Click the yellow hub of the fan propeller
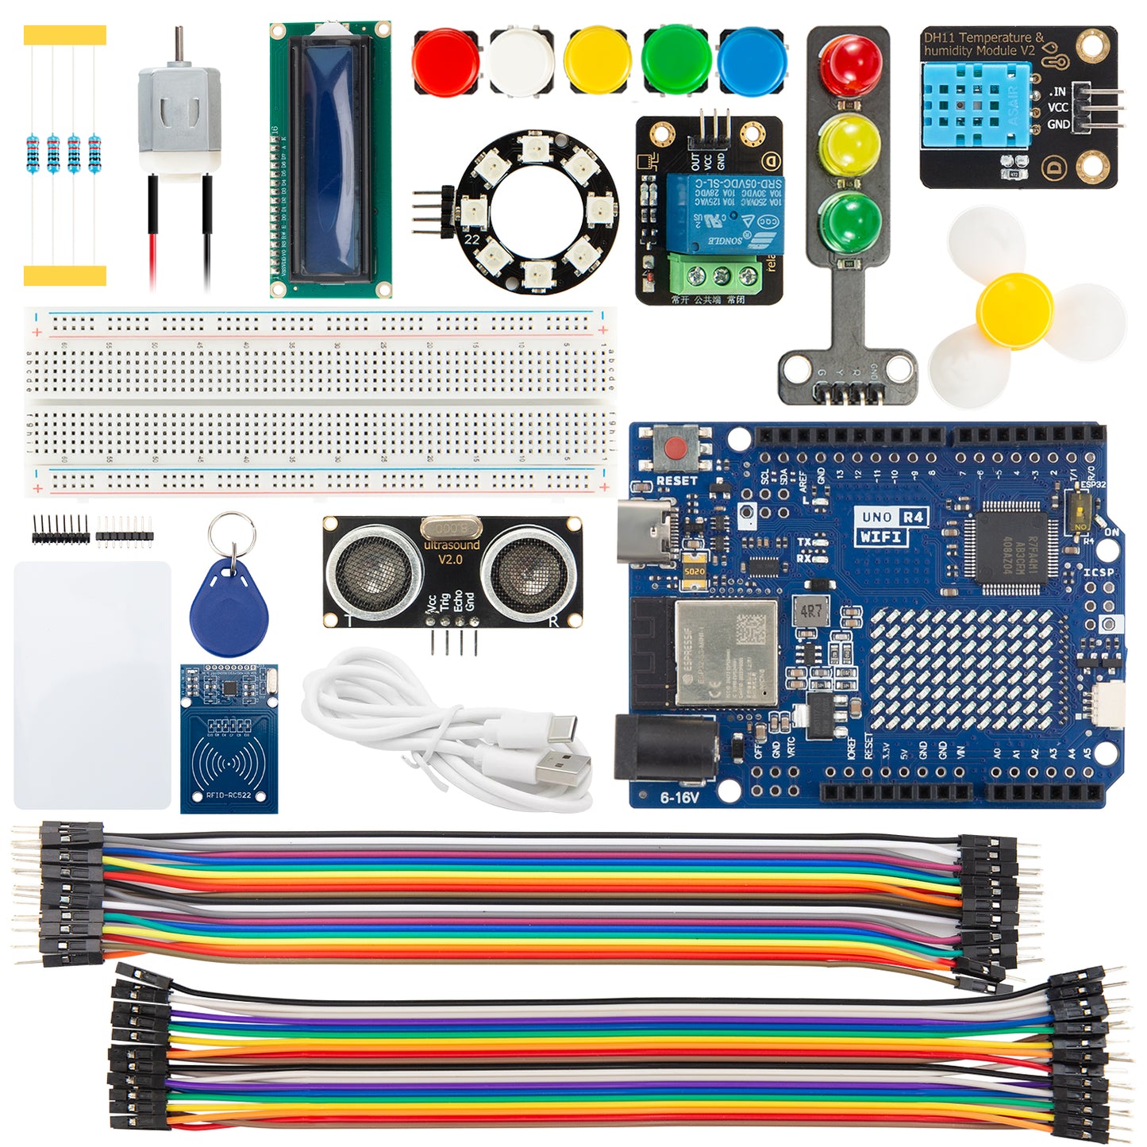click(x=1014, y=310)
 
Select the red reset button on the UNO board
click(x=676, y=448)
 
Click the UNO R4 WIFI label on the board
click(x=892, y=526)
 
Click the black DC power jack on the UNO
click(x=665, y=746)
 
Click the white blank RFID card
click(x=92, y=685)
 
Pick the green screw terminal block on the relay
click(x=722, y=275)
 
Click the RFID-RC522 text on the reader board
click(x=229, y=795)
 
